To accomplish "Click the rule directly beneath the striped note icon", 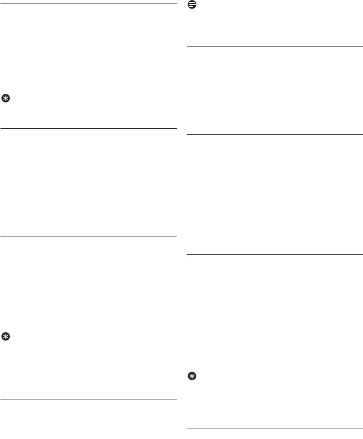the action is coord(274,48).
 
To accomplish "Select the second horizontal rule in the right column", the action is coord(274,134).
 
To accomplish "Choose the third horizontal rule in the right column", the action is coord(274,255).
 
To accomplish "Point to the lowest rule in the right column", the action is coord(274,429).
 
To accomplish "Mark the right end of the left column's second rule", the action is coord(175,129).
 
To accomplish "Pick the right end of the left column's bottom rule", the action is coord(175,399).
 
